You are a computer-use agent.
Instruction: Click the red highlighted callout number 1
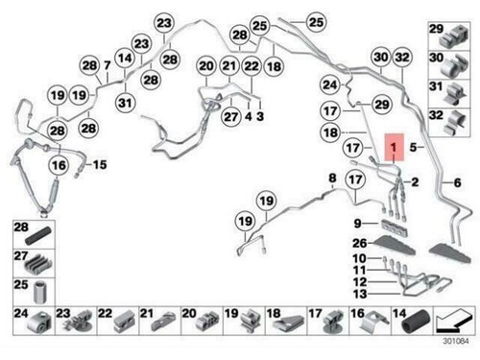(x=392, y=147)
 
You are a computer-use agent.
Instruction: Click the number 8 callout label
(x=333, y=179)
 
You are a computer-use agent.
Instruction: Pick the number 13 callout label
(x=360, y=294)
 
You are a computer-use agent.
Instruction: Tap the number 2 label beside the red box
(x=416, y=180)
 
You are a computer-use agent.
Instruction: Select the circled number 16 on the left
(x=58, y=165)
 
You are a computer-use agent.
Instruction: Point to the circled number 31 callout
(x=126, y=102)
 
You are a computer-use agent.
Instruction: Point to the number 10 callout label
(x=360, y=259)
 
